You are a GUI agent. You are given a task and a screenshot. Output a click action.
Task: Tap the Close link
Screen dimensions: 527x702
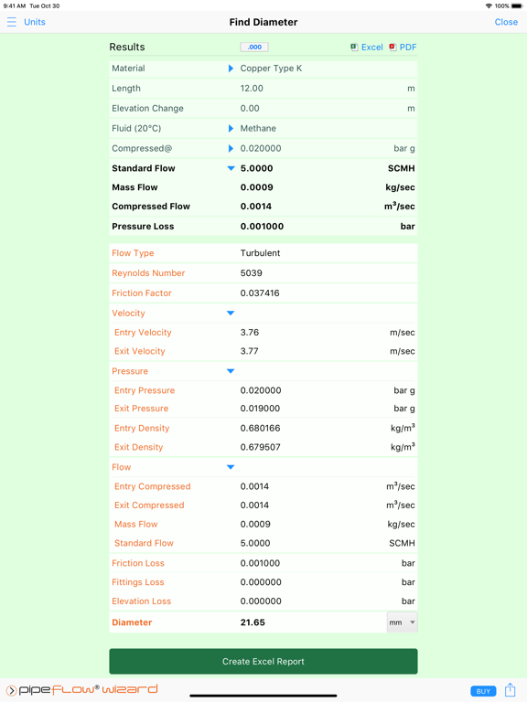(506, 22)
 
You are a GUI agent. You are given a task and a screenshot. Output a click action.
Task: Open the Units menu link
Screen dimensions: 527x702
(34, 22)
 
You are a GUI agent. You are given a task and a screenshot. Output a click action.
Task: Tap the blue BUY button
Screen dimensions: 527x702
(483, 691)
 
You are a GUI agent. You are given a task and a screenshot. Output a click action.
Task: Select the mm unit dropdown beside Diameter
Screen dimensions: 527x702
(402, 622)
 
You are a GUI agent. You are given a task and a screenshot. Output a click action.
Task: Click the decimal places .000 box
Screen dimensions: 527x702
(254, 48)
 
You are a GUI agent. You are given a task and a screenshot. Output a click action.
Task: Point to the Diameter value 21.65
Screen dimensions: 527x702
(253, 622)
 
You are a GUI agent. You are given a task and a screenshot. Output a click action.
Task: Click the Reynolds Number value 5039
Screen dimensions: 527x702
(252, 273)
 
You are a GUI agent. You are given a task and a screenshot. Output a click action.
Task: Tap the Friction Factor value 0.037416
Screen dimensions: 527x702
(260, 293)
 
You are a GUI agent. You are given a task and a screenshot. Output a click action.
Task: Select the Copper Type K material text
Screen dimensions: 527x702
(271, 69)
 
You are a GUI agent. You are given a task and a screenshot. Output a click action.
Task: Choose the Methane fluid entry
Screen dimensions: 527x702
(258, 129)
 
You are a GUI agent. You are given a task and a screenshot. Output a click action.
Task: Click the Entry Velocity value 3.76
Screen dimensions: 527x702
(250, 333)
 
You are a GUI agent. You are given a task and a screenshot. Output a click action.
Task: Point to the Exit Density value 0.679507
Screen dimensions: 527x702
(261, 447)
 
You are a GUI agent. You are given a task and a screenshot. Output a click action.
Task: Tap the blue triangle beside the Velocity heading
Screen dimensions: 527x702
(231, 314)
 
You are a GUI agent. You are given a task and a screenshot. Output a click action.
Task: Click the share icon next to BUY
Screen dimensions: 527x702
(510, 690)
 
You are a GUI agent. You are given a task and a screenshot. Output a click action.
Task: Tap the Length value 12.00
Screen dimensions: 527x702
(252, 89)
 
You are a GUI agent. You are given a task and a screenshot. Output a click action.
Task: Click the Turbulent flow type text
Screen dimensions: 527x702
(260, 253)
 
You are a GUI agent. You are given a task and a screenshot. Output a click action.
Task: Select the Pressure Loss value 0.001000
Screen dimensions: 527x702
(262, 227)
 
